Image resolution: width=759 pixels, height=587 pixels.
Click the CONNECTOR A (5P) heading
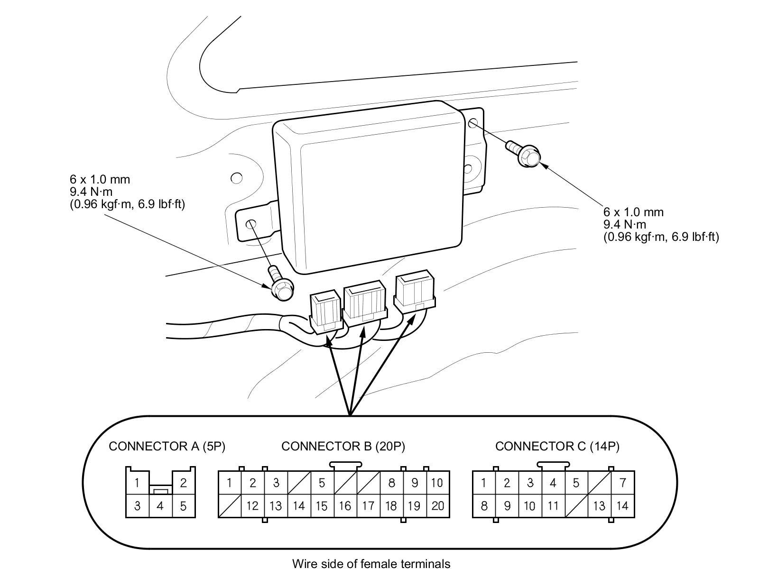tap(167, 446)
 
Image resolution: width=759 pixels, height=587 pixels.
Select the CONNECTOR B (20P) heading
tap(343, 446)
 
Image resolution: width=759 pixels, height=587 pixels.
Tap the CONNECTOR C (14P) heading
tap(557, 446)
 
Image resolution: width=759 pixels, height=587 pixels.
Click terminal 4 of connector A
tap(160, 506)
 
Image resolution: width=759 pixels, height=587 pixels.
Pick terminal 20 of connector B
tap(437, 506)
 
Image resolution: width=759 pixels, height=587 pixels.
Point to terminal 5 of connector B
tap(322, 483)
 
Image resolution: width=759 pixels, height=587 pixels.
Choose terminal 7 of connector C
tap(622, 483)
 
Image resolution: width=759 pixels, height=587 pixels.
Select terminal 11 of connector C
tap(553, 506)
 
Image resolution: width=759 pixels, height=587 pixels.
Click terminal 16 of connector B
tap(345, 506)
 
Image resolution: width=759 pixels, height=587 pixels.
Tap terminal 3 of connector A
tap(137, 506)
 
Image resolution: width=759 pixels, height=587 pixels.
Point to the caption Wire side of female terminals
tap(371, 564)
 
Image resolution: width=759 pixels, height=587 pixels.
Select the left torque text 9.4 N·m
tap(92, 192)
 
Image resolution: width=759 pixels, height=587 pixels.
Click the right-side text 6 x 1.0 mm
tap(633, 212)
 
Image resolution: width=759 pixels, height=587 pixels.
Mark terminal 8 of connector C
tap(484, 506)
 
